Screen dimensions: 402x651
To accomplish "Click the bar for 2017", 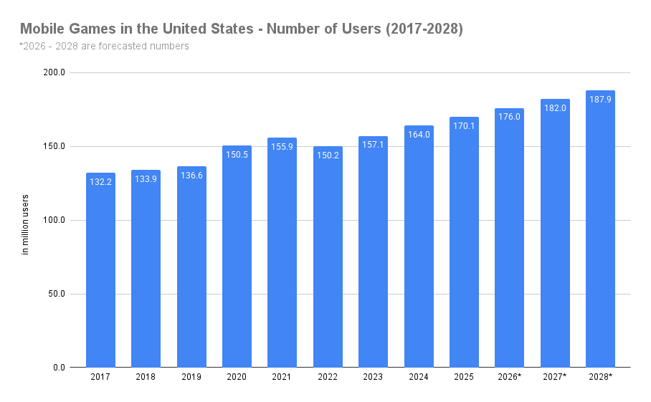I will pos(100,272).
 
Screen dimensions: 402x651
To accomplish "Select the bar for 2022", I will pos(328,258).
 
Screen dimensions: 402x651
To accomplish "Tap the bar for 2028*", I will pos(600,229).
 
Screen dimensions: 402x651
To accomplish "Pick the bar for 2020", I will pos(237,258).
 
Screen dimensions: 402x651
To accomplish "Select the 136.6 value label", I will pos(191,176).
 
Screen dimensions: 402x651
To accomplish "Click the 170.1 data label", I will pos(464,126).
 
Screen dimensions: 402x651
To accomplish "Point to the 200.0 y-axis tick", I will pos(55,73).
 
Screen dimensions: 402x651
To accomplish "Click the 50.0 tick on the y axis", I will pos(57,294).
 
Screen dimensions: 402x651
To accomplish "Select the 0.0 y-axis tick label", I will pos(60,368).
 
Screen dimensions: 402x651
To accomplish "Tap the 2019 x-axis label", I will pos(191,377).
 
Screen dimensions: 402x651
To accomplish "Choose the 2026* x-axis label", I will pos(509,377).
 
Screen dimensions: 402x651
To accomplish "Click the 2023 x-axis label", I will pos(373,377).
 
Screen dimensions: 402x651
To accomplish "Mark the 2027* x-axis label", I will pos(555,377).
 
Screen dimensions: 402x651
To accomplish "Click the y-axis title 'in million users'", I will pos(26,224).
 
